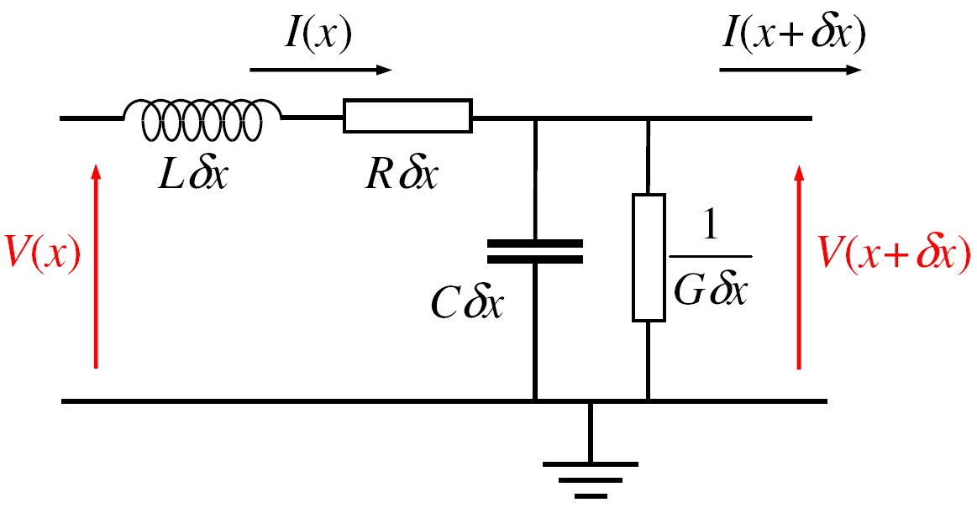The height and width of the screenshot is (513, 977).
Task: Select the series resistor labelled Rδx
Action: (407, 117)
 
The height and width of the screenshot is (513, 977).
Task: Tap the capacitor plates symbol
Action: (534, 251)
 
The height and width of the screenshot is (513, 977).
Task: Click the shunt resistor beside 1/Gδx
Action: (648, 257)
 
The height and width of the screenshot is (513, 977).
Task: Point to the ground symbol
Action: (591, 474)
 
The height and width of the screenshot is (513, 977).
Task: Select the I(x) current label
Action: (318, 34)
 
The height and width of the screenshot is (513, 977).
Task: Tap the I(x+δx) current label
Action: (791, 34)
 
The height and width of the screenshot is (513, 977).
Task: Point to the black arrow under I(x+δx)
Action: (791, 70)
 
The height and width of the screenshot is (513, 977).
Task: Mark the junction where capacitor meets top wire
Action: (534, 118)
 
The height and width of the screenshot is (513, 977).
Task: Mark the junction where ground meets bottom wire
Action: (591, 401)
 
